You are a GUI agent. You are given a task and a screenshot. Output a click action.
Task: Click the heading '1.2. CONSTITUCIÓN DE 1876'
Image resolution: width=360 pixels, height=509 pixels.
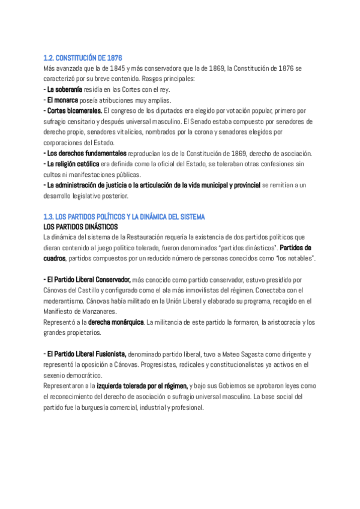[83, 58]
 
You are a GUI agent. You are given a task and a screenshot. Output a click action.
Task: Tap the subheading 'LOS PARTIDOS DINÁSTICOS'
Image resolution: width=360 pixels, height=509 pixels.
[80, 226]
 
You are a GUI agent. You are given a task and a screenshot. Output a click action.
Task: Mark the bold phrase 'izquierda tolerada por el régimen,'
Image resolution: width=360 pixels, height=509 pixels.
[142, 386]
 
